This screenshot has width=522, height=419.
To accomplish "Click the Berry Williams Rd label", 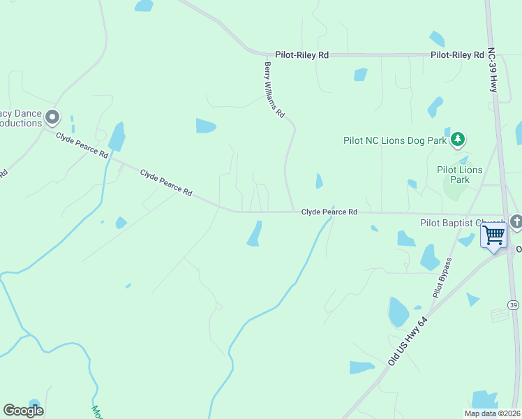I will pyautogui.click(x=274, y=89).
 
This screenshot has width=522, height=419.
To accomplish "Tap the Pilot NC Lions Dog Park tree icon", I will pyautogui.click(x=457, y=140).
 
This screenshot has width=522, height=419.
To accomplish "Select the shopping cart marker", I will pyautogui.click(x=493, y=235).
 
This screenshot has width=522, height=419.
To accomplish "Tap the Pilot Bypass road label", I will pyautogui.click(x=442, y=278).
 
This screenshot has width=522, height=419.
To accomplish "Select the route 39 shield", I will pyautogui.click(x=514, y=305).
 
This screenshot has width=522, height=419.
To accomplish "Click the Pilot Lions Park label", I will pyautogui.click(x=459, y=175).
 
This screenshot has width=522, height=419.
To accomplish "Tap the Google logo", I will pyautogui.click(x=23, y=411).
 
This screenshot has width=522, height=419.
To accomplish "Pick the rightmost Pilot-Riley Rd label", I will pyautogui.click(x=457, y=54).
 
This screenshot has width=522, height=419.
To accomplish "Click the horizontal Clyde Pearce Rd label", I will pyautogui.click(x=329, y=212).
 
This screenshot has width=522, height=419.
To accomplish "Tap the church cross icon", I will pyautogui.click(x=516, y=222).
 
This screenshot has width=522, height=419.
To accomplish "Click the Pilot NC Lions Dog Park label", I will pyautogui.click(x=394, y=140).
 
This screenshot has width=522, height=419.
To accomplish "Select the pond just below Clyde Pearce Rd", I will pyautogui.click(x=255, y=234).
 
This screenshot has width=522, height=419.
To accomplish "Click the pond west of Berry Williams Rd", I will pyautogui.click(x=206, y=126).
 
